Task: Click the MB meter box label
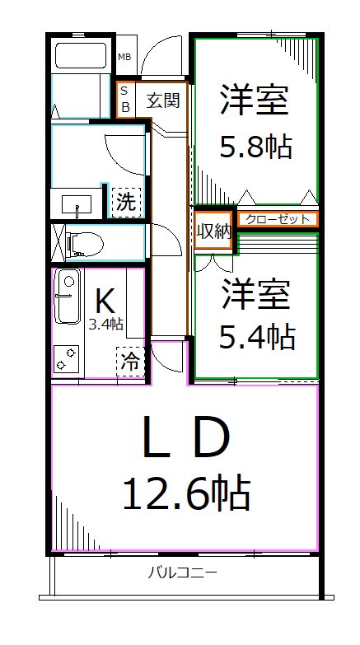[x=124, y=57]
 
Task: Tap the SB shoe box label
[x=125, y=99]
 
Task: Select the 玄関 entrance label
[x=162, y=100]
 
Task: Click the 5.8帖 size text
[x=255, y=148]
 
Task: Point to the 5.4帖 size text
[x=255, y=335]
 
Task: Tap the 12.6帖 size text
[x=185, y=494]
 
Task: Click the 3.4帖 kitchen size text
[x=106, y=325]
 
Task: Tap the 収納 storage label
[x=214, y=231]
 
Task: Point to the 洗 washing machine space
[x=125, y=202]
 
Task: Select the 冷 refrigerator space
[x=129, y=361]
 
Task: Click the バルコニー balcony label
[x=183, y=573]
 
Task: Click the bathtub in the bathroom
[x=81, y=58]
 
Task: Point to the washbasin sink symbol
[x=77, y=202]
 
